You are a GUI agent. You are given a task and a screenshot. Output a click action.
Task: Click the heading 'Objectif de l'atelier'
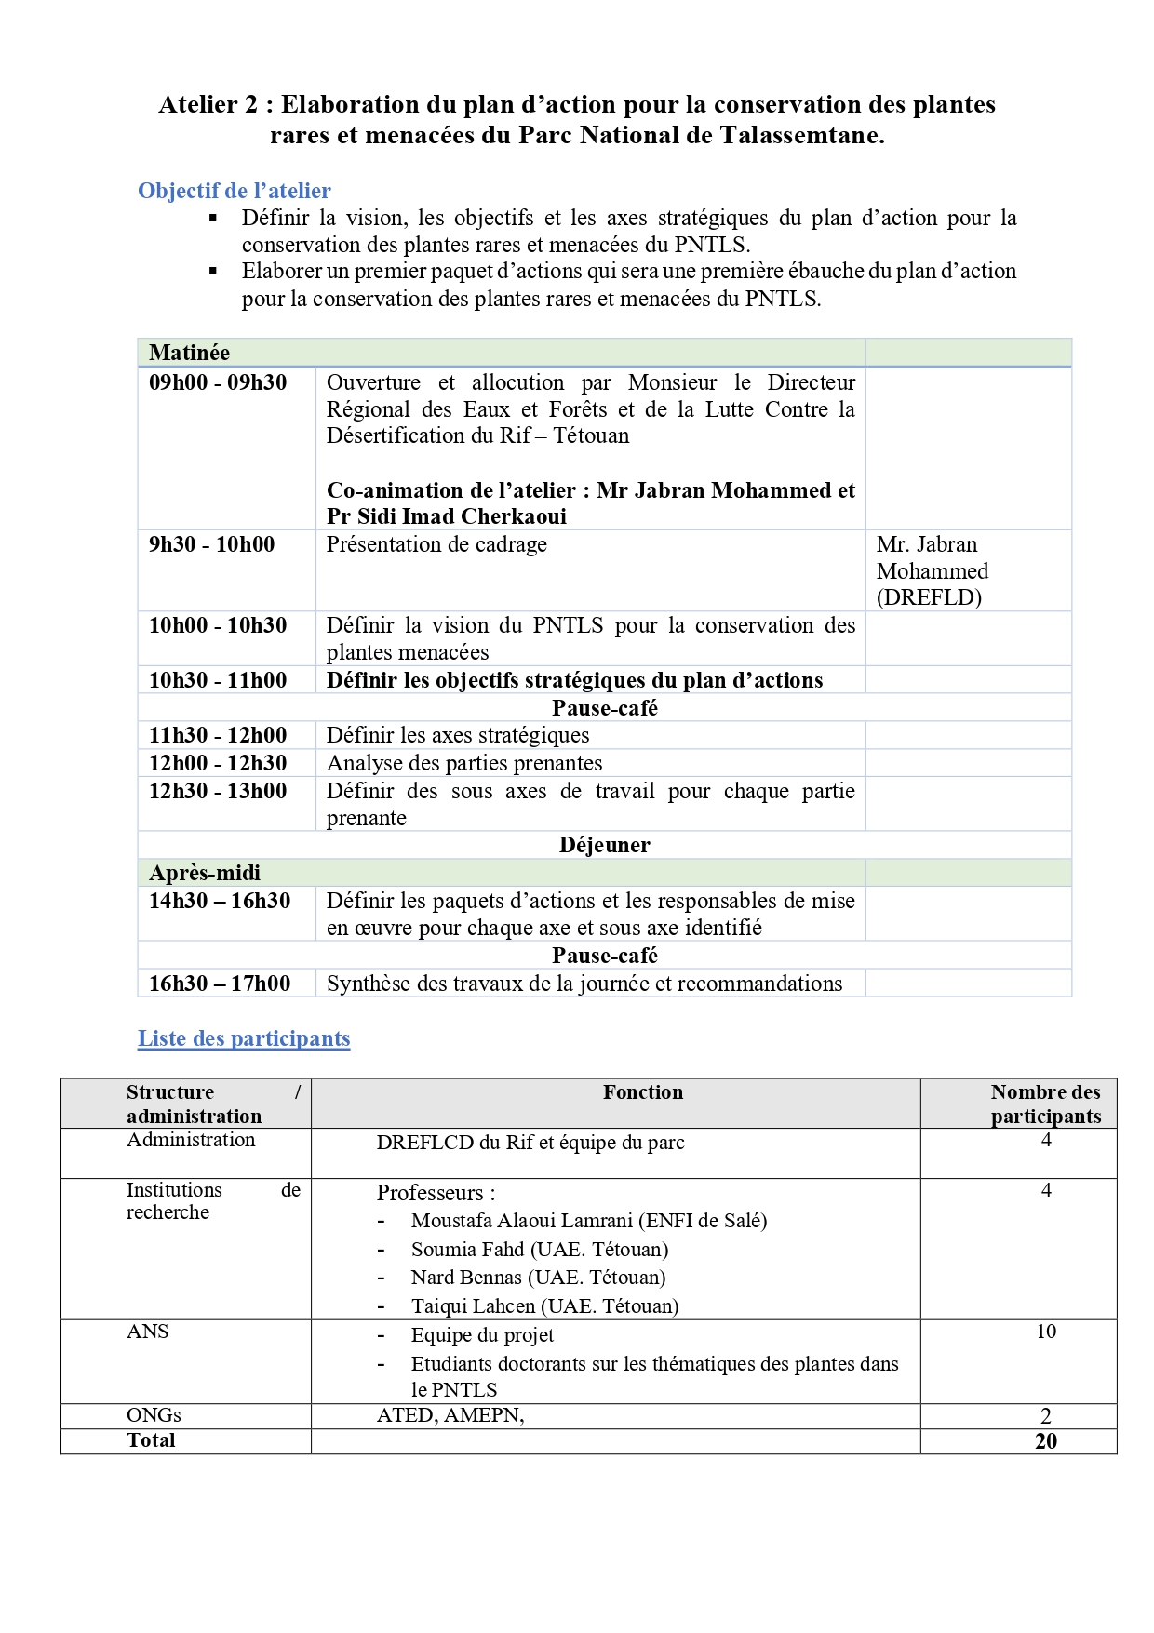tap(234, 191)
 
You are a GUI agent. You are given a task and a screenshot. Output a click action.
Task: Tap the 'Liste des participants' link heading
tap(244, 1038)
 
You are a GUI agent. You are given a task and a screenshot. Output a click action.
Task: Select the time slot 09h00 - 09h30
tap(218, 382)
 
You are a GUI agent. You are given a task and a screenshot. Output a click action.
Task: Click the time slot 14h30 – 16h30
tap(220, 901)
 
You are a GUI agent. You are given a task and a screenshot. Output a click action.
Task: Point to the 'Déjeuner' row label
tap(604, 845)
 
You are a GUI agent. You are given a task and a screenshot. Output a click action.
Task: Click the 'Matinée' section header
tap(189, 353)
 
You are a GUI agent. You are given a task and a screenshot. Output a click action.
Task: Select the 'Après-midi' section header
tap(205, 873)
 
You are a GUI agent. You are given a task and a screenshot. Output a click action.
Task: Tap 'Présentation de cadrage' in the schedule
tap(436, 544)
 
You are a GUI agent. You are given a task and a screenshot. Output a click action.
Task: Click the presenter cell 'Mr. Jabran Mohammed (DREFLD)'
tap(932, 570)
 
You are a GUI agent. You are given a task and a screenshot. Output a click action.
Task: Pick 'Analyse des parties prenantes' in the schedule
tap(464, 763)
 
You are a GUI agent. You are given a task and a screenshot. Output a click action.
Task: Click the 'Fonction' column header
tap(642, 1092)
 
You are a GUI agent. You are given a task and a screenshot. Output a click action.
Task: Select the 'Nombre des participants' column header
tap(1045, 1104)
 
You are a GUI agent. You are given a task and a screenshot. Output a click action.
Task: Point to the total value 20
tap(1046, 1441)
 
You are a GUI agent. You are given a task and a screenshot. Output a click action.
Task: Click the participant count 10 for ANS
tap(1046, 1332)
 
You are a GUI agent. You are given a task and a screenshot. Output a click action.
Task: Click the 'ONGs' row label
tap(154, 1415)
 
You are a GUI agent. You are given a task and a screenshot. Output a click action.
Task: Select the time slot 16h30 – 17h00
tap(220, 984)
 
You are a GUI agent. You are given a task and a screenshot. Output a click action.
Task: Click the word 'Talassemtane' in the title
tap(799, 135)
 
